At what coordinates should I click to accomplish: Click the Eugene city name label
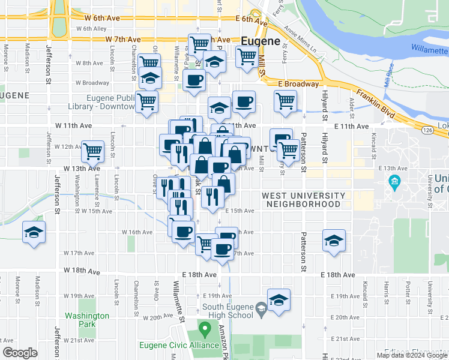tap(261, 41)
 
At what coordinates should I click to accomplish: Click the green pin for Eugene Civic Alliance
tap(205, 329)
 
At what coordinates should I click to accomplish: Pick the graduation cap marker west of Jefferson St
tap(34, 232)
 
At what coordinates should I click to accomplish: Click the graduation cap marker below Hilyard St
tap(334, 241)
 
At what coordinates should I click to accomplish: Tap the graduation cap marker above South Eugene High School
tap(279, 299)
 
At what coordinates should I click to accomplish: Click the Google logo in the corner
tap(20, 353)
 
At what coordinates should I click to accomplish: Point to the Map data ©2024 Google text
tap(412, 355)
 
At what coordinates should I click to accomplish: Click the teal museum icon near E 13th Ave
tap(395, 181)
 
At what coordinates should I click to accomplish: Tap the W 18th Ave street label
tap(83, 271)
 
